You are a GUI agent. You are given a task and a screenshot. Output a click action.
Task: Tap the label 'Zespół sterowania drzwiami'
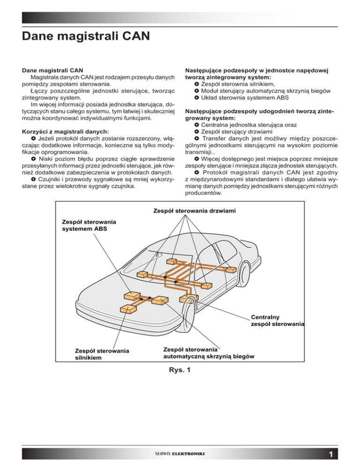[x=195, y=211]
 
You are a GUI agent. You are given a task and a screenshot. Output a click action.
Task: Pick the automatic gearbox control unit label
[x=209, y=353]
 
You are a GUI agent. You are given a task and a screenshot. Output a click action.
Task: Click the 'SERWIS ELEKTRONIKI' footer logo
[x=180, y=453]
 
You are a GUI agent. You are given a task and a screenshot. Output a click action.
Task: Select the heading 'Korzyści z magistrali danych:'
[x=66, y=132]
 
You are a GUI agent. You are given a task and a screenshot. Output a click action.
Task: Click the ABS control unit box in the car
[x=132, y=295]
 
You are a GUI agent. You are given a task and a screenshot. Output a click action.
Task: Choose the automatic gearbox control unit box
[x=160, y=300]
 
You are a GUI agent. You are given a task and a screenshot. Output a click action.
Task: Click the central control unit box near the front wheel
[x=186, y=298]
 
